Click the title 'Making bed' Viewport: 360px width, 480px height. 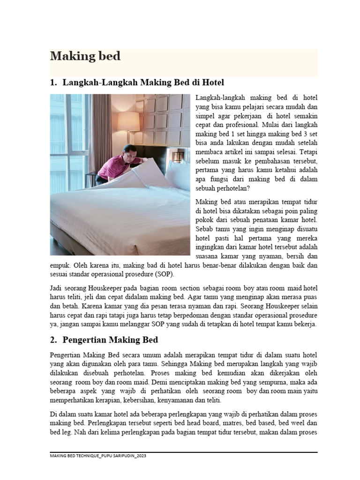[85, 57]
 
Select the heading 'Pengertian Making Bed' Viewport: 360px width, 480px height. [110, 340]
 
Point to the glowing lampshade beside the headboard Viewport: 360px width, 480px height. [128, 121]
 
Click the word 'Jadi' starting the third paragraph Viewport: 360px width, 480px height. [57, 288]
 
